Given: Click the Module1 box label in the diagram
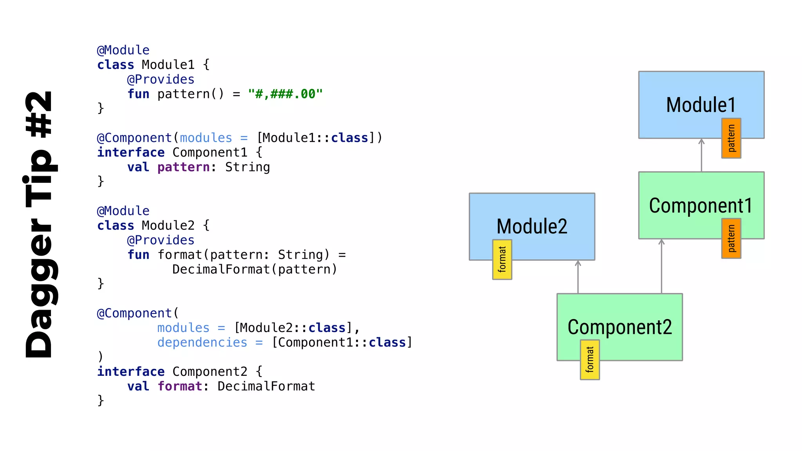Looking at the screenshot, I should tap(701, 105).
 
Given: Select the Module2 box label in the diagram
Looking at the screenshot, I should tap(532, 226).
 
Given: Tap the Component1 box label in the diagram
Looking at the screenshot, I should tap(701, 206).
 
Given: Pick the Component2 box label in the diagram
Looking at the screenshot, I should tap(620, 327).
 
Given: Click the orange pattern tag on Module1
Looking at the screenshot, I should tap(731, 138).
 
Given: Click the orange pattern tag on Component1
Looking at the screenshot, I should tap(731, 238).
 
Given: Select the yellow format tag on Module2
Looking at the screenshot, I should tap(502, 260).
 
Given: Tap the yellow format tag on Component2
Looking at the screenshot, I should tap(590, 360).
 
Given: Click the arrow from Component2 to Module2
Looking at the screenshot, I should tap(578, 277).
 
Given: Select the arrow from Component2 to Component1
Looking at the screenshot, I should tap(661, 266).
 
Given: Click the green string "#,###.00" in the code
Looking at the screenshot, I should tap(285, 94).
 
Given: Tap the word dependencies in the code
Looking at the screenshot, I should tap(202, 342).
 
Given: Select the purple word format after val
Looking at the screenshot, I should tap(180, 386).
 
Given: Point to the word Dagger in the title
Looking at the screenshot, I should tap(39, 288).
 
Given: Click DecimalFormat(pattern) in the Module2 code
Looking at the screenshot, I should tap(255, 269).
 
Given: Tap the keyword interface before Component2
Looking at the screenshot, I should tap(131, 372).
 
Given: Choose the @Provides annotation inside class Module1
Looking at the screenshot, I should tap(161, 79).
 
